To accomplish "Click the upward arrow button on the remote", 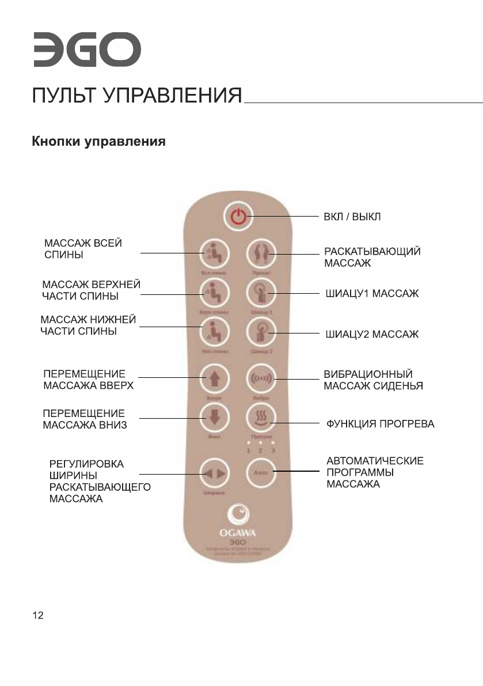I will [x=214, y=378].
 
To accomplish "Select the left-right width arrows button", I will [x=214, y=473].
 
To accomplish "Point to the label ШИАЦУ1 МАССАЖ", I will [x=372, y=295].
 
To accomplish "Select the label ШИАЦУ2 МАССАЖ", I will [x=372, y=334].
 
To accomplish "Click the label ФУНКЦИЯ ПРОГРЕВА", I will [x=381, y=425].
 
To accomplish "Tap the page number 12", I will [x=37, y=616].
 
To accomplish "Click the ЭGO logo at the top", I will [x=86, y=50].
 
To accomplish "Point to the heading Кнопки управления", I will [x=98, y=141].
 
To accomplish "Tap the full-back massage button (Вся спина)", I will [x=214, y=253].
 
